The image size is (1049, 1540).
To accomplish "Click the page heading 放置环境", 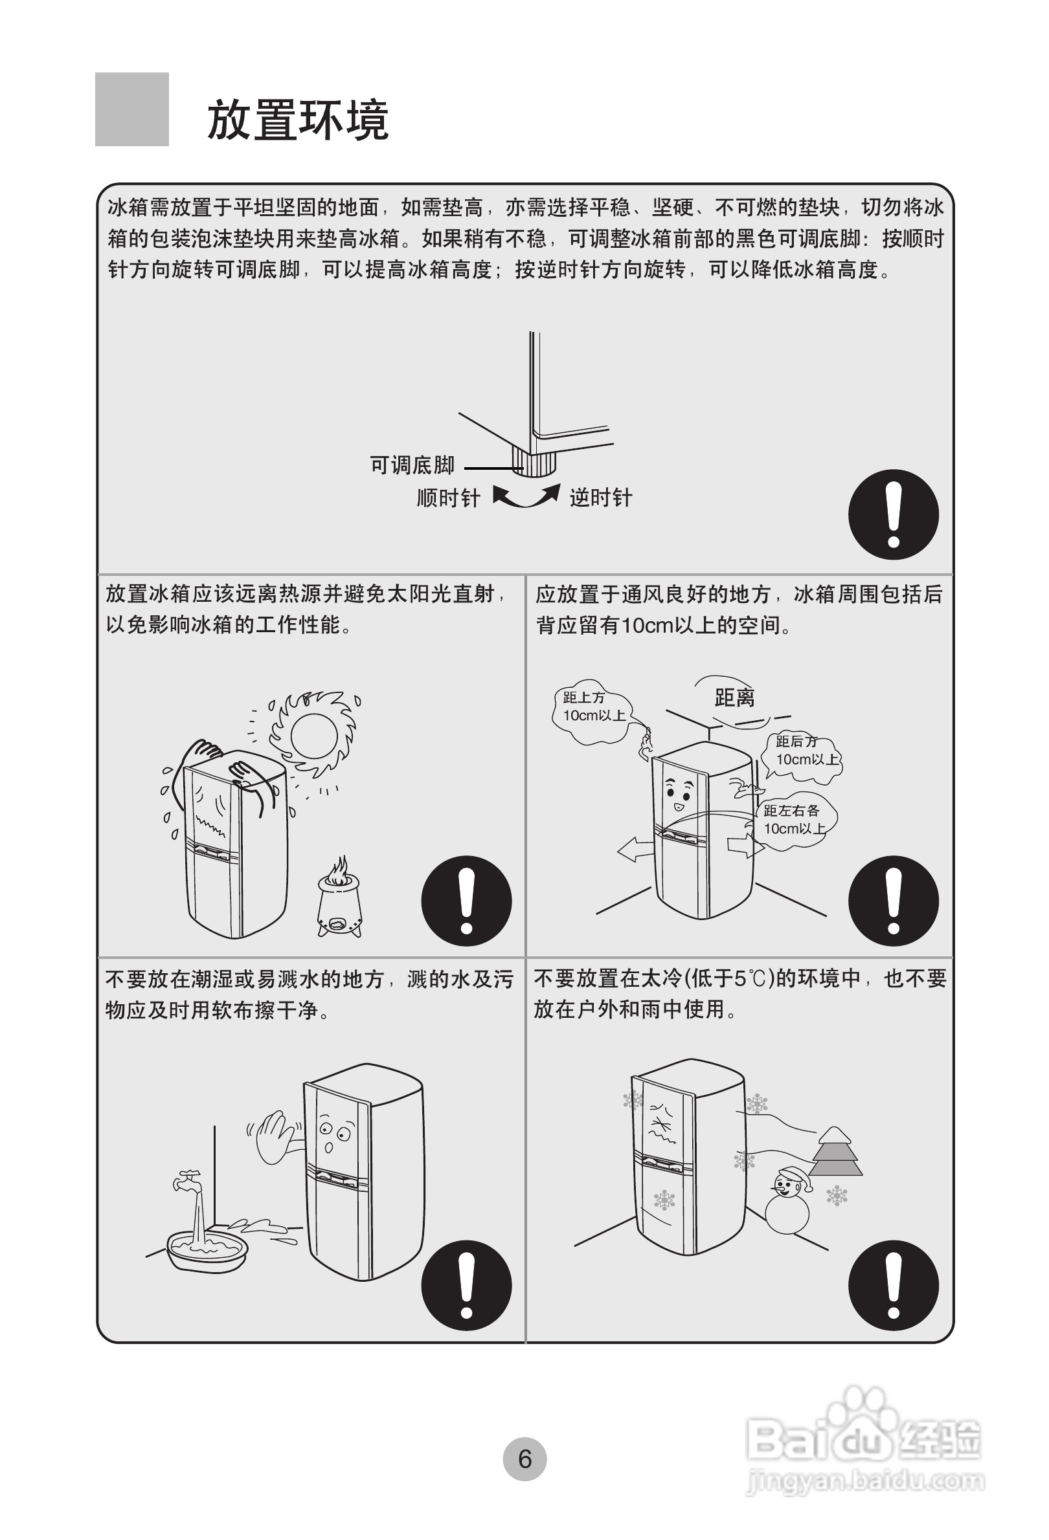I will (x=298, y=120).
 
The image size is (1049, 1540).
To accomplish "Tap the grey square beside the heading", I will (x=132, y=109).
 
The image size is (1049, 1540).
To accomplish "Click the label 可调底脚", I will (x=412, y=465).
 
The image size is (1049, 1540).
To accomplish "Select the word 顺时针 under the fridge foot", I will (x=447, y=498).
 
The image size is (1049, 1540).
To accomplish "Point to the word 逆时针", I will (x=601, y=498).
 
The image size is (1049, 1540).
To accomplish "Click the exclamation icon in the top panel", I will (x=893, y=514).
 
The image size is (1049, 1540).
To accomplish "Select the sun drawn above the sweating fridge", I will (x=313, y=736).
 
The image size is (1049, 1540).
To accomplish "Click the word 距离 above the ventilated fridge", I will (x=734, y=698).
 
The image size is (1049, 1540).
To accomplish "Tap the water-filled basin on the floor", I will (x=207, y=1249).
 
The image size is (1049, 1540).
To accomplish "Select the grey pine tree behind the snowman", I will (x=835, y=1153).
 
